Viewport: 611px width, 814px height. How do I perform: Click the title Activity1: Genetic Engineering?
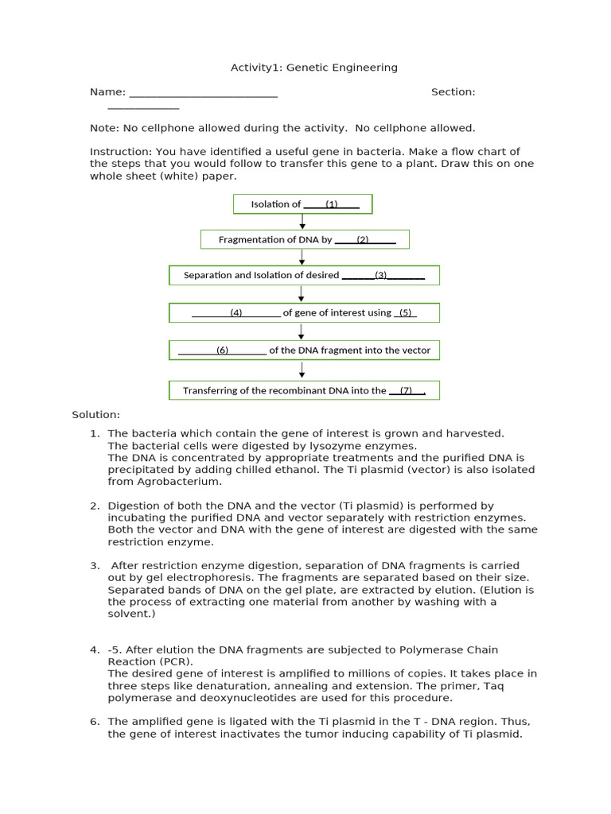(313, 68)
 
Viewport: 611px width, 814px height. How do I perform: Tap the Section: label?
(453, 91)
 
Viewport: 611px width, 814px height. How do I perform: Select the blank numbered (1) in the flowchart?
(331, 204)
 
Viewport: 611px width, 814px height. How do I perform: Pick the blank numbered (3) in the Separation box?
(383, 275)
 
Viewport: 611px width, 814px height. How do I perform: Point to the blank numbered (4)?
(236, 312)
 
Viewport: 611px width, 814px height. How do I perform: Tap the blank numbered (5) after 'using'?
(405, 312)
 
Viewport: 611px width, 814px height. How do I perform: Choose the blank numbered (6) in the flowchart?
(222, 350)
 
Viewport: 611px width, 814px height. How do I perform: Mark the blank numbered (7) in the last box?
(407, 390)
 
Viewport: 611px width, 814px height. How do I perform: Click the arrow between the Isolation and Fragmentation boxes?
(302, 222)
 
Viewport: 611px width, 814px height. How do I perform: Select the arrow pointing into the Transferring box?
(302, 370)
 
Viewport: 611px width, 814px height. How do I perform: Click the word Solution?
(95, 414)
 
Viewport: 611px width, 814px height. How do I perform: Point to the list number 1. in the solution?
(95, 433)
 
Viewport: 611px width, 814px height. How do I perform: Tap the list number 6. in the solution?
(95, 721)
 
